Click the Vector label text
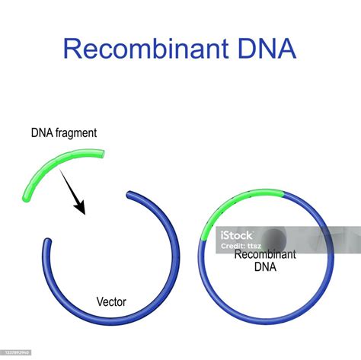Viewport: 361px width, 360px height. [x=111, y=302]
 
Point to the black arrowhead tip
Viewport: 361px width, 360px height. [x=84, y=212]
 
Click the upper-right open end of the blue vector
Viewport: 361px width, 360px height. [x=129, y=196]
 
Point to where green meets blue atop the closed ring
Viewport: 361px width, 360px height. [x=283, y=194]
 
